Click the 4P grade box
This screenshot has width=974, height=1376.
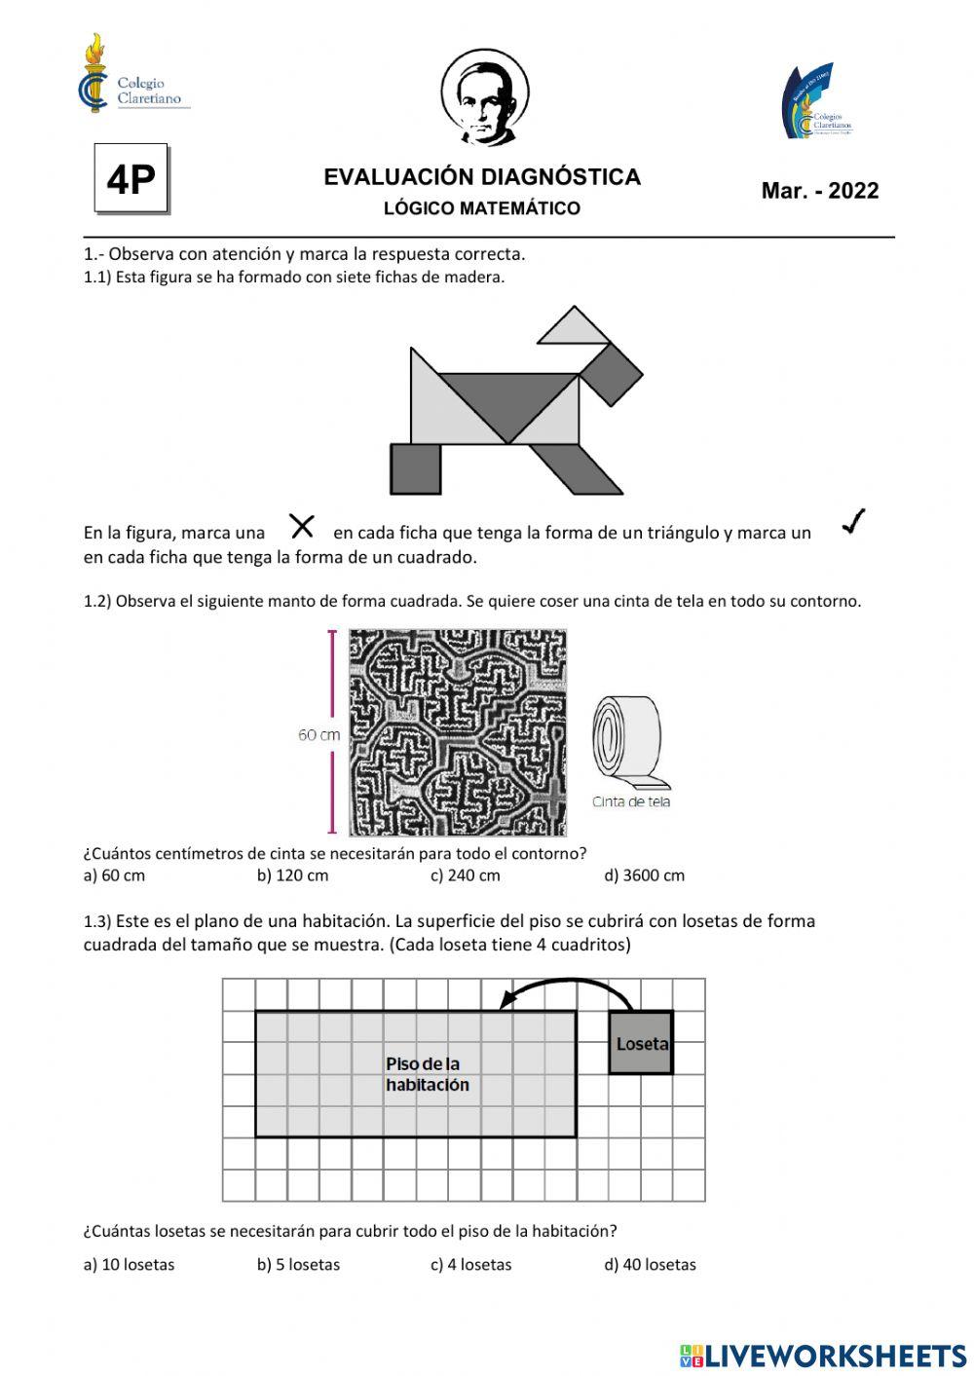(131, 178)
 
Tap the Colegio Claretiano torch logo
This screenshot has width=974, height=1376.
(94, 73)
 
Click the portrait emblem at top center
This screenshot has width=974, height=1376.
(484, 97)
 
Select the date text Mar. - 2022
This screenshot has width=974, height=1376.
(819, 191)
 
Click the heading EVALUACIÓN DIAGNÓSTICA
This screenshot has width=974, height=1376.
(482, 177)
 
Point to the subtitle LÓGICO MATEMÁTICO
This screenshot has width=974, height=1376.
(482, 208)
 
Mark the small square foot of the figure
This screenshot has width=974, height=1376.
(416, 468)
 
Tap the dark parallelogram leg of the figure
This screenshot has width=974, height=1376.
(575, 468)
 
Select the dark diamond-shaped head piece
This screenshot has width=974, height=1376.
(611, 374)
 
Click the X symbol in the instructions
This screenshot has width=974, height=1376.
(302, 527)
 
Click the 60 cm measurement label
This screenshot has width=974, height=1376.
(318, 734)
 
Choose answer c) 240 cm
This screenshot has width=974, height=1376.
(466, 875)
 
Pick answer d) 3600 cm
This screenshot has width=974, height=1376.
(644, 875)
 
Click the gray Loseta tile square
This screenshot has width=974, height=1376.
(641, 1043)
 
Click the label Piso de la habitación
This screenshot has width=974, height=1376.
(427, 1074)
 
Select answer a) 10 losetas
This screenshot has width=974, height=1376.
(129, 1264)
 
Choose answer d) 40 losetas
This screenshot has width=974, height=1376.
(650, 1264)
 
